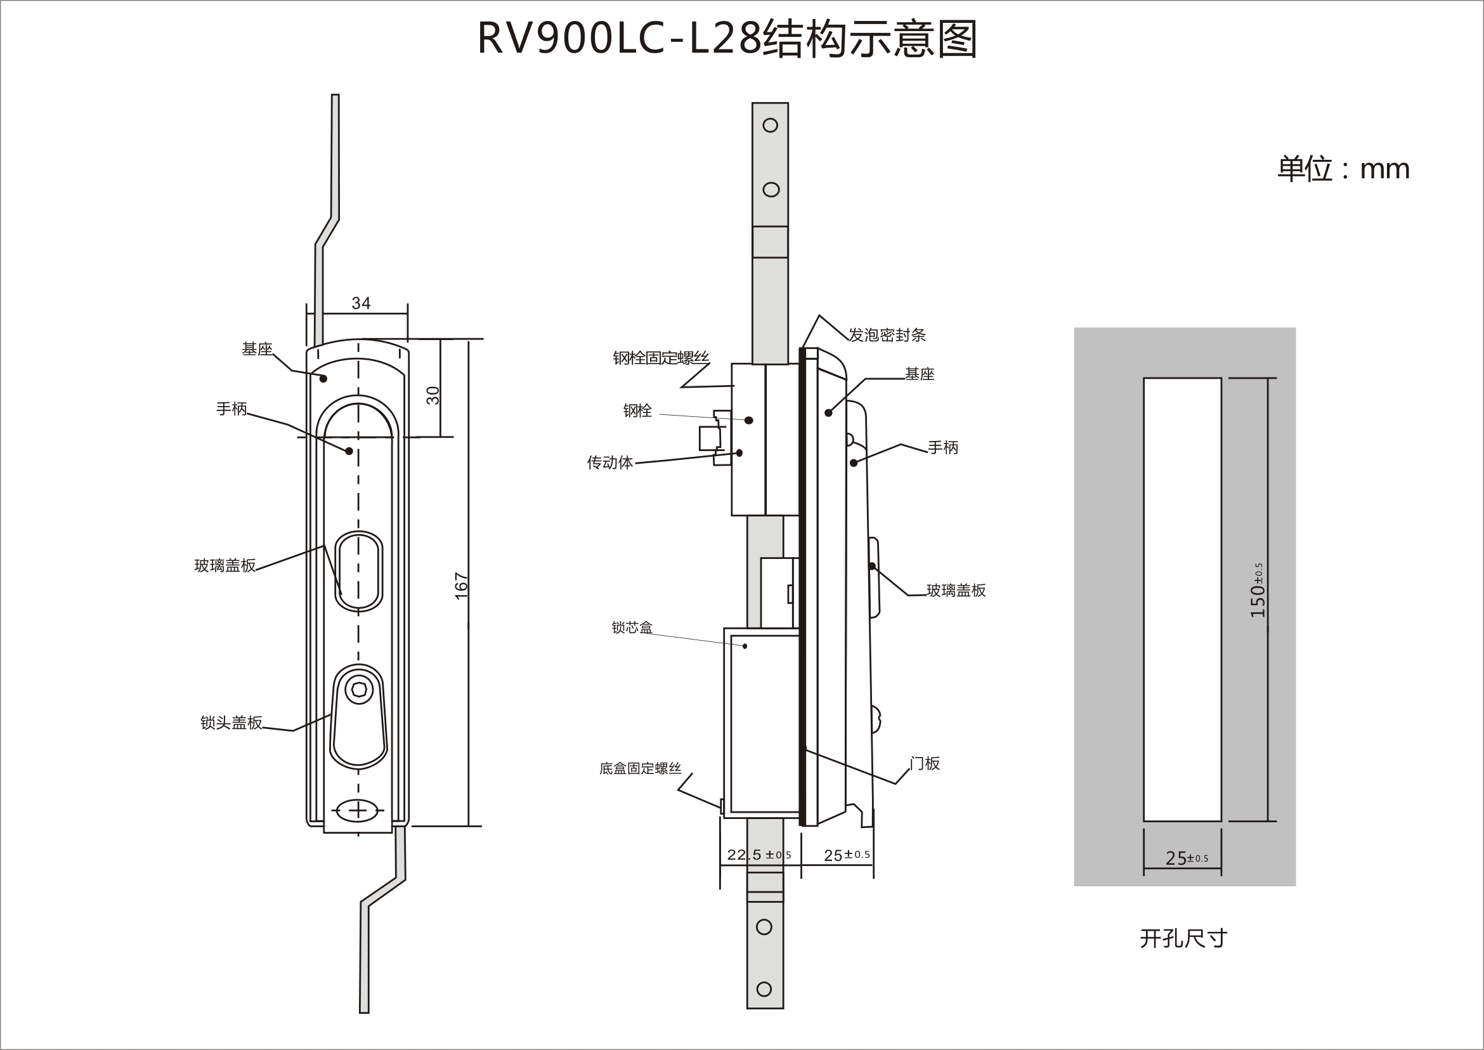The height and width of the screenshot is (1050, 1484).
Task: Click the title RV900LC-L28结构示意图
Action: pyautogui.click(x=727, y=39)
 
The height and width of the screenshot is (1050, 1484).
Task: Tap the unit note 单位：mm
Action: pyautogui.click(x=1343, y=169)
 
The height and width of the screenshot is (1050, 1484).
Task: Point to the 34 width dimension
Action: pyautogui.click(x=361, y=303)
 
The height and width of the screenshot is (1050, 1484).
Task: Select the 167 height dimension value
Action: pyautogui.click(x=461, y=586)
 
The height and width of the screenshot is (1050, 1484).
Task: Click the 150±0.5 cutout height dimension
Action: pyautogui.click(x=1257, y=590)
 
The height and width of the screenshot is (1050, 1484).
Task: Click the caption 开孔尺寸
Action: pyautogui.click(x=1183, y=938)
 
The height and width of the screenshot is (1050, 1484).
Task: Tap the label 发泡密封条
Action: pyautogui.click(x=887, y=335)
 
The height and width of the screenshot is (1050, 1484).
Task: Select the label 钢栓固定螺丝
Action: pyautogui.click(x=661, y=358)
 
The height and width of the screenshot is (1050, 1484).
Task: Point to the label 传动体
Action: pyautogui.click(x=609, y=463)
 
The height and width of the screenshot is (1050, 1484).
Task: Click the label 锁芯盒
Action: pyautogui.click(x=632, y=627)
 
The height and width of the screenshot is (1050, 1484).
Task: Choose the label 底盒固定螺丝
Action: pyautogui.click(x=640, y=768)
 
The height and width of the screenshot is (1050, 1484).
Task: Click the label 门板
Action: pyautogui.click(x=924, y=764)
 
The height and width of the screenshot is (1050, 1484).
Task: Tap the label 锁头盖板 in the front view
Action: pyautogui.click(x=231, y=723)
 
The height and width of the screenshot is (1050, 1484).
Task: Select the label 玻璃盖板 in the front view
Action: pyautogui.click(x=225, y=566)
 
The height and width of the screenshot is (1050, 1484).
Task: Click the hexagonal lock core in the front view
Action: pyautogui.click(x=360, y=690)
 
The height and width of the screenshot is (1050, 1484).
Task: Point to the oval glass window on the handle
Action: pyautogui.click(x=359, y=571)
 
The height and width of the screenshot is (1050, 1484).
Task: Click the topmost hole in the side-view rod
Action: pyautogui.click(x=770, y=126)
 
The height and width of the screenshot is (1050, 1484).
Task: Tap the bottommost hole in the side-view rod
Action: pyautogui.click(x=764, y=989)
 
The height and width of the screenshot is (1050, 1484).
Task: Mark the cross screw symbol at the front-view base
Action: pyautogui.click(x=358, y=810)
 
